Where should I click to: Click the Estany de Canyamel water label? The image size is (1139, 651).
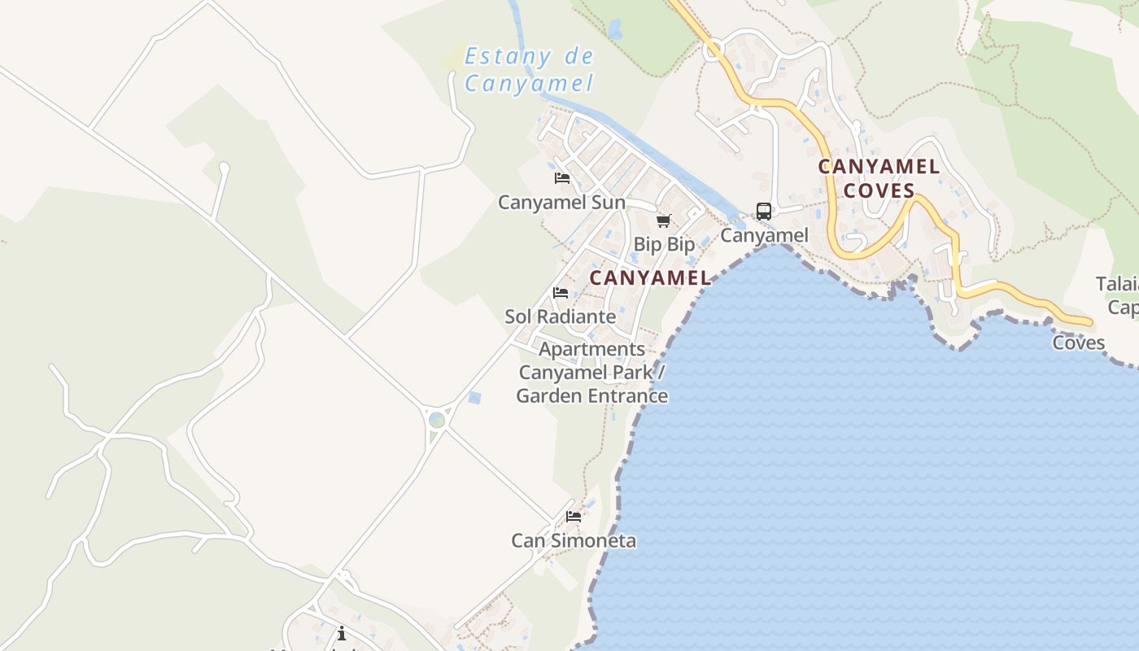pos(529,70)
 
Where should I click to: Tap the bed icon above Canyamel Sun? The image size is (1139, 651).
pos(561,178)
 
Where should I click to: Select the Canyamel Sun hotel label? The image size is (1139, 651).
pos(561,202)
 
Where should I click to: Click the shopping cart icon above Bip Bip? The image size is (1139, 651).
pos(664,221)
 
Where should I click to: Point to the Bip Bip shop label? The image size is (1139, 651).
pos(664,244)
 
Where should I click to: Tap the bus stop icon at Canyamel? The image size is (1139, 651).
pos(763,212)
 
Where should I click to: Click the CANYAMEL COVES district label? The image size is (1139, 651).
pos(879,178)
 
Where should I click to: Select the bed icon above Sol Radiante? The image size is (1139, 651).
pos(561,293)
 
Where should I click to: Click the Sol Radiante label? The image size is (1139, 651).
pos(560,316)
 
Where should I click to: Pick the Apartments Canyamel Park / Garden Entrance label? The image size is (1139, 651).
pos(592,373)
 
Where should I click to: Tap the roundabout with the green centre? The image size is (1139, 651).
pos(437,420)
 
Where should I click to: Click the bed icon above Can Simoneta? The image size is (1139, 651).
pos(574,517)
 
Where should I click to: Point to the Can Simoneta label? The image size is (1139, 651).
pos(574,540)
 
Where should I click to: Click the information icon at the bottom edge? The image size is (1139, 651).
pos(342,633)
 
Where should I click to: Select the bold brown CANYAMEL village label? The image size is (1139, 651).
pos(650,277)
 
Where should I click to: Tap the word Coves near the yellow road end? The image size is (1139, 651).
pos(1079,343)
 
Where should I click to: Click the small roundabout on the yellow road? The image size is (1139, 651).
pos(714,50)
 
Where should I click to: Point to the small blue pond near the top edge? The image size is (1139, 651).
pos(615,30)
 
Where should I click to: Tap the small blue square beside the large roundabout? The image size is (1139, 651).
pos(474,398)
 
